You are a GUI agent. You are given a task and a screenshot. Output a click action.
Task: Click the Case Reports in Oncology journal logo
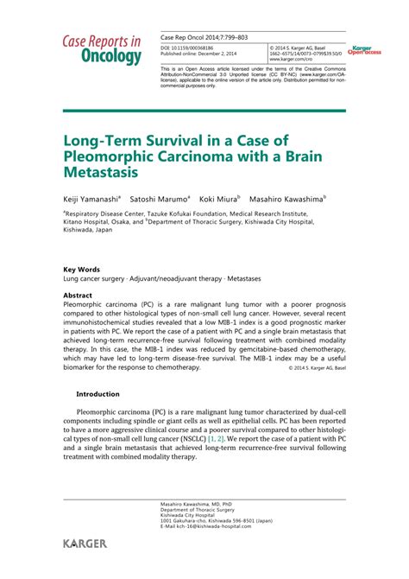point(102,50)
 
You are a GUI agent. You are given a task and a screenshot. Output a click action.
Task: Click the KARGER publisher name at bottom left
point(85,544)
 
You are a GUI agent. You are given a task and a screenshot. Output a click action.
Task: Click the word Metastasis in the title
point(100,176)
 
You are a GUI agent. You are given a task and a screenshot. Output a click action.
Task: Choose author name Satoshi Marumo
point(159,197)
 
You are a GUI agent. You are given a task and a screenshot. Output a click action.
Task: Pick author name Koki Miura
point(218,197)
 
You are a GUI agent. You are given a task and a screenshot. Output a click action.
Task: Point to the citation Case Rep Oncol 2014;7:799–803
point(199,37)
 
